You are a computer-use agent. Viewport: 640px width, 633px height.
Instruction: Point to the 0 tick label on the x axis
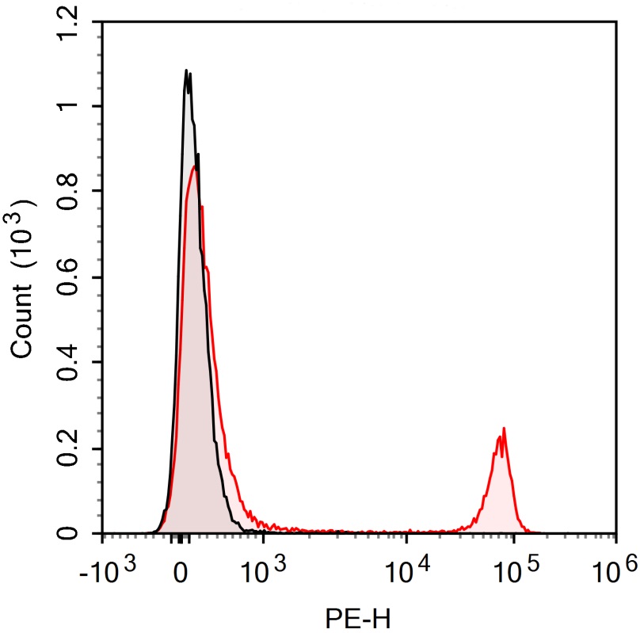click(x=181, y=570)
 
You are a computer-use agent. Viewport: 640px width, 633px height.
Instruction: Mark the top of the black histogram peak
click(x=186, y=71)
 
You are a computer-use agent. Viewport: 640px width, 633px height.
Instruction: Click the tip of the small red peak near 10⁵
click(x=504, y=429)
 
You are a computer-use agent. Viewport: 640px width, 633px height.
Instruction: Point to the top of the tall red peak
click(x=195, y=166)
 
